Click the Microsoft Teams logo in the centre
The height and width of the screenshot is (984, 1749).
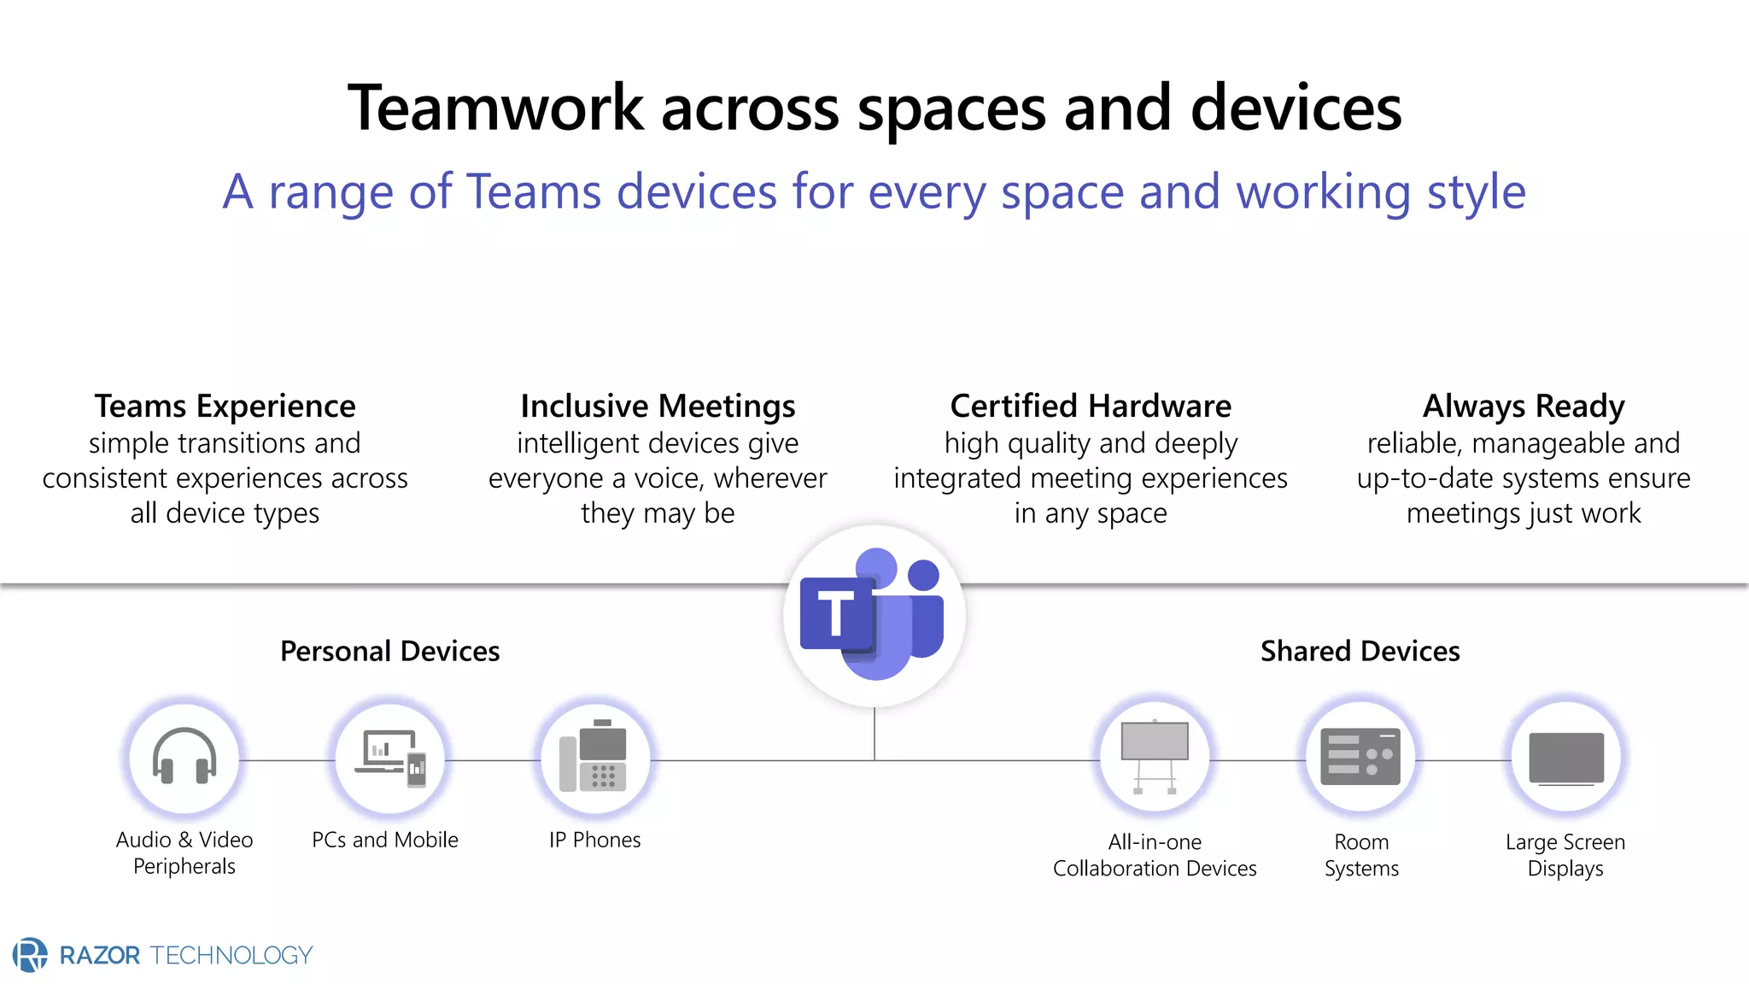pyautogui.click(x=874, y=615)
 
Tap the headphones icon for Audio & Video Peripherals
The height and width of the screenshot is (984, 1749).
pyautogui.click(x=184, y=756)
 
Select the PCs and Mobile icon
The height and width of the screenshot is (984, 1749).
pyautogui.click(x=390, y=758)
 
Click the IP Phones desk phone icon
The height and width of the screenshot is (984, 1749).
pyautogui.click(x=594, y=756)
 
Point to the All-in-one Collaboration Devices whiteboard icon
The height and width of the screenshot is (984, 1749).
pyautogui.click(x=1155, y=756)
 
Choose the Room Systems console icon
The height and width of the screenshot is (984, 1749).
pyautogui.click(x=1360, y=756)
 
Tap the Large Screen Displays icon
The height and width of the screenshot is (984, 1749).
pyautogui.click(x=1566, y=758)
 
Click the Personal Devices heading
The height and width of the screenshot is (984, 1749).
pyautogui.click(x=389, y=651)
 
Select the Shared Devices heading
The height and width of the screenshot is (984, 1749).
pyautogui.click(x=1360, y=651)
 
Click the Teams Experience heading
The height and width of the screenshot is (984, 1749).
pyautogui.click(x=225, y=406)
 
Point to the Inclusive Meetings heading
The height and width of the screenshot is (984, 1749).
pyautogui.click(x=658, y=406)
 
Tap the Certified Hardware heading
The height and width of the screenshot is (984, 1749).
pyautogui.click(x=1091, y=406)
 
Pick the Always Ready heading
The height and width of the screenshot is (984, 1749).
pyautogui.click(x=1524, y=406)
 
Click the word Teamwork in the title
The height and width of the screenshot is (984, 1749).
pyautogui.click(x=495, y=108)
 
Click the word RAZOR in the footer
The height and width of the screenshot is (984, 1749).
pyautogui.click(x=100, y=955)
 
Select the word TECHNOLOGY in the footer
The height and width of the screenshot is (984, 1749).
pyautogui.click(x=231, y=955)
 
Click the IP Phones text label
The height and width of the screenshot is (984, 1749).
pyautogui.click(x=594, y=840)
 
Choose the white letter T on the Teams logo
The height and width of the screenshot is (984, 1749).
pyautogui.click(x=835, y=613)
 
